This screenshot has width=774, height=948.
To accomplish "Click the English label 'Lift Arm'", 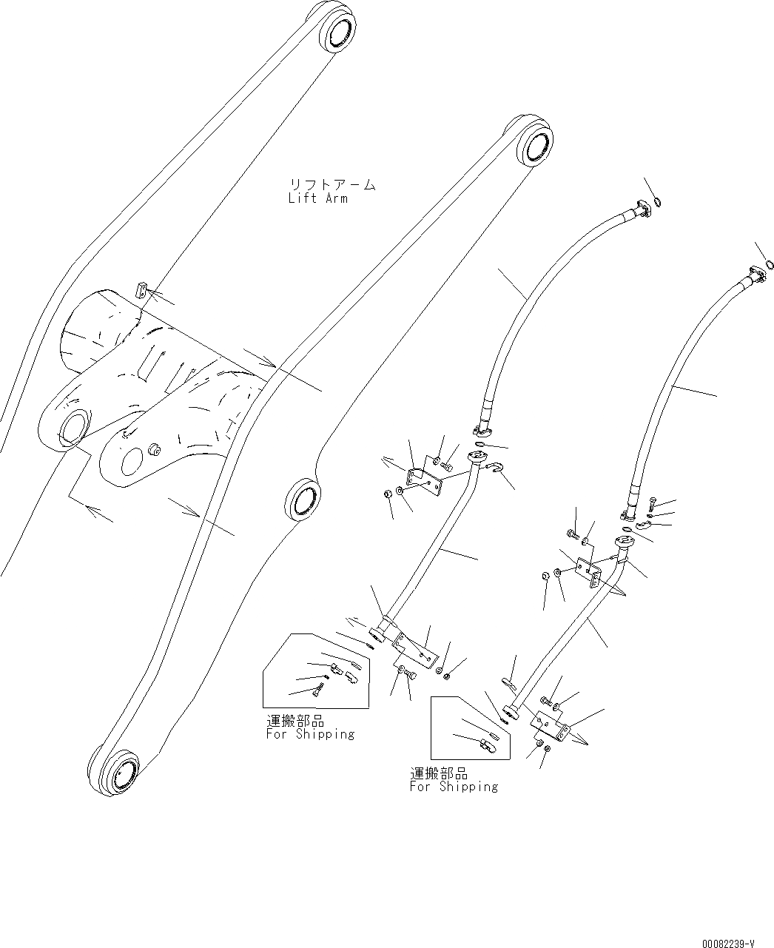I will click(318, 198).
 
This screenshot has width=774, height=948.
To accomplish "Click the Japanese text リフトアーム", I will click(332, 184).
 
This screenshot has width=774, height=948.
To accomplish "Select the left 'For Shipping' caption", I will click(310, 734).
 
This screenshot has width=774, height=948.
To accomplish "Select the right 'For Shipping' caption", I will click(454, 787).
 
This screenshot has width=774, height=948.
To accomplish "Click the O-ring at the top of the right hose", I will click(770, 264).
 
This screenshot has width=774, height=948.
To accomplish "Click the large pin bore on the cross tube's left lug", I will click(72, 428).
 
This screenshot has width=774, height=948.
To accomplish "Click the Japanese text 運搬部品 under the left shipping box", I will click(295, 720).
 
